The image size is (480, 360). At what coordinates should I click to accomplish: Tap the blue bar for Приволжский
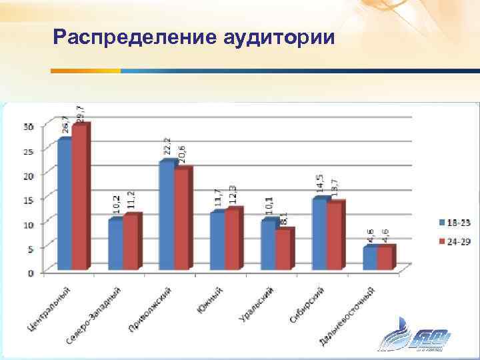coord(166,216)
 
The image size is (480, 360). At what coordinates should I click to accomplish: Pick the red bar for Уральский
coord(283,250)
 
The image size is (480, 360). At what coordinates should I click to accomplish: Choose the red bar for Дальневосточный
coord(385,258)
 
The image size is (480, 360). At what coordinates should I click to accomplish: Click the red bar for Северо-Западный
coord(130,243)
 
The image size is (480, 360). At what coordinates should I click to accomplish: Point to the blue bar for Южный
coord(217,241)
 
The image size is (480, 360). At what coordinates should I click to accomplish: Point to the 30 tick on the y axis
coord(29,127)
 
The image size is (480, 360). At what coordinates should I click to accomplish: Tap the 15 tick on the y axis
coord(29,199)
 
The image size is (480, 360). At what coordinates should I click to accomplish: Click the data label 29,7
coord(80,113)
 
